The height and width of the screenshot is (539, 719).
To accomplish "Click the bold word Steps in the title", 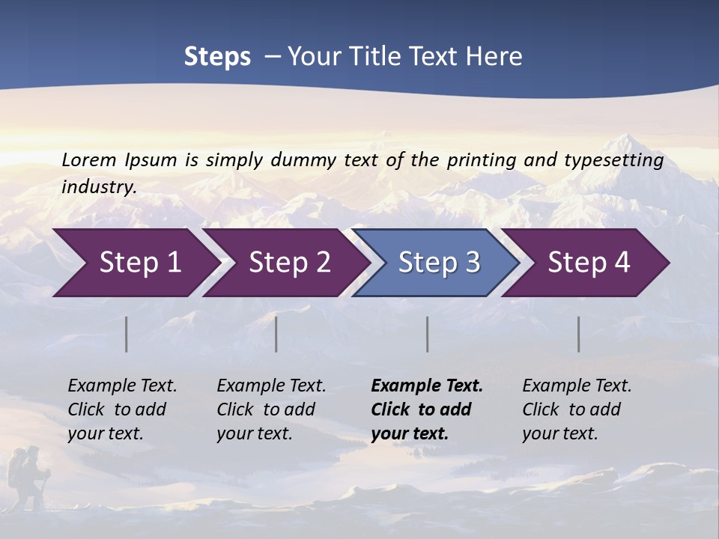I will (x=217, y=57).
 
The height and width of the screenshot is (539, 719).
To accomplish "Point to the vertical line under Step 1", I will (x=127, y=334).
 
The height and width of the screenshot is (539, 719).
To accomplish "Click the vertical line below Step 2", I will (x=276, y=334).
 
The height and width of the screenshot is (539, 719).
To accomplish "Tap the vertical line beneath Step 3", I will (x=428, y=334).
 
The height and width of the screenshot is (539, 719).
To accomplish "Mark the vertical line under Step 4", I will (x=579, y=334).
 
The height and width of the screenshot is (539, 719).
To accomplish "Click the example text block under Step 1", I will (x=122, y=409).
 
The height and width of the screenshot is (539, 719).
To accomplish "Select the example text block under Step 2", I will (x=271, y=409).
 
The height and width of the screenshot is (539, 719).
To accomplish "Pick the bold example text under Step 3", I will (x=427, y=409).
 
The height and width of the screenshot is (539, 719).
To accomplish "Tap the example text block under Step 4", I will (x=577, y=409).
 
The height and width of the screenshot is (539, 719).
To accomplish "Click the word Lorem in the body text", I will (x=89, y=160).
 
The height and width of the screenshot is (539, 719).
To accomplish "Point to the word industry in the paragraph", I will (x=99, y=187).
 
